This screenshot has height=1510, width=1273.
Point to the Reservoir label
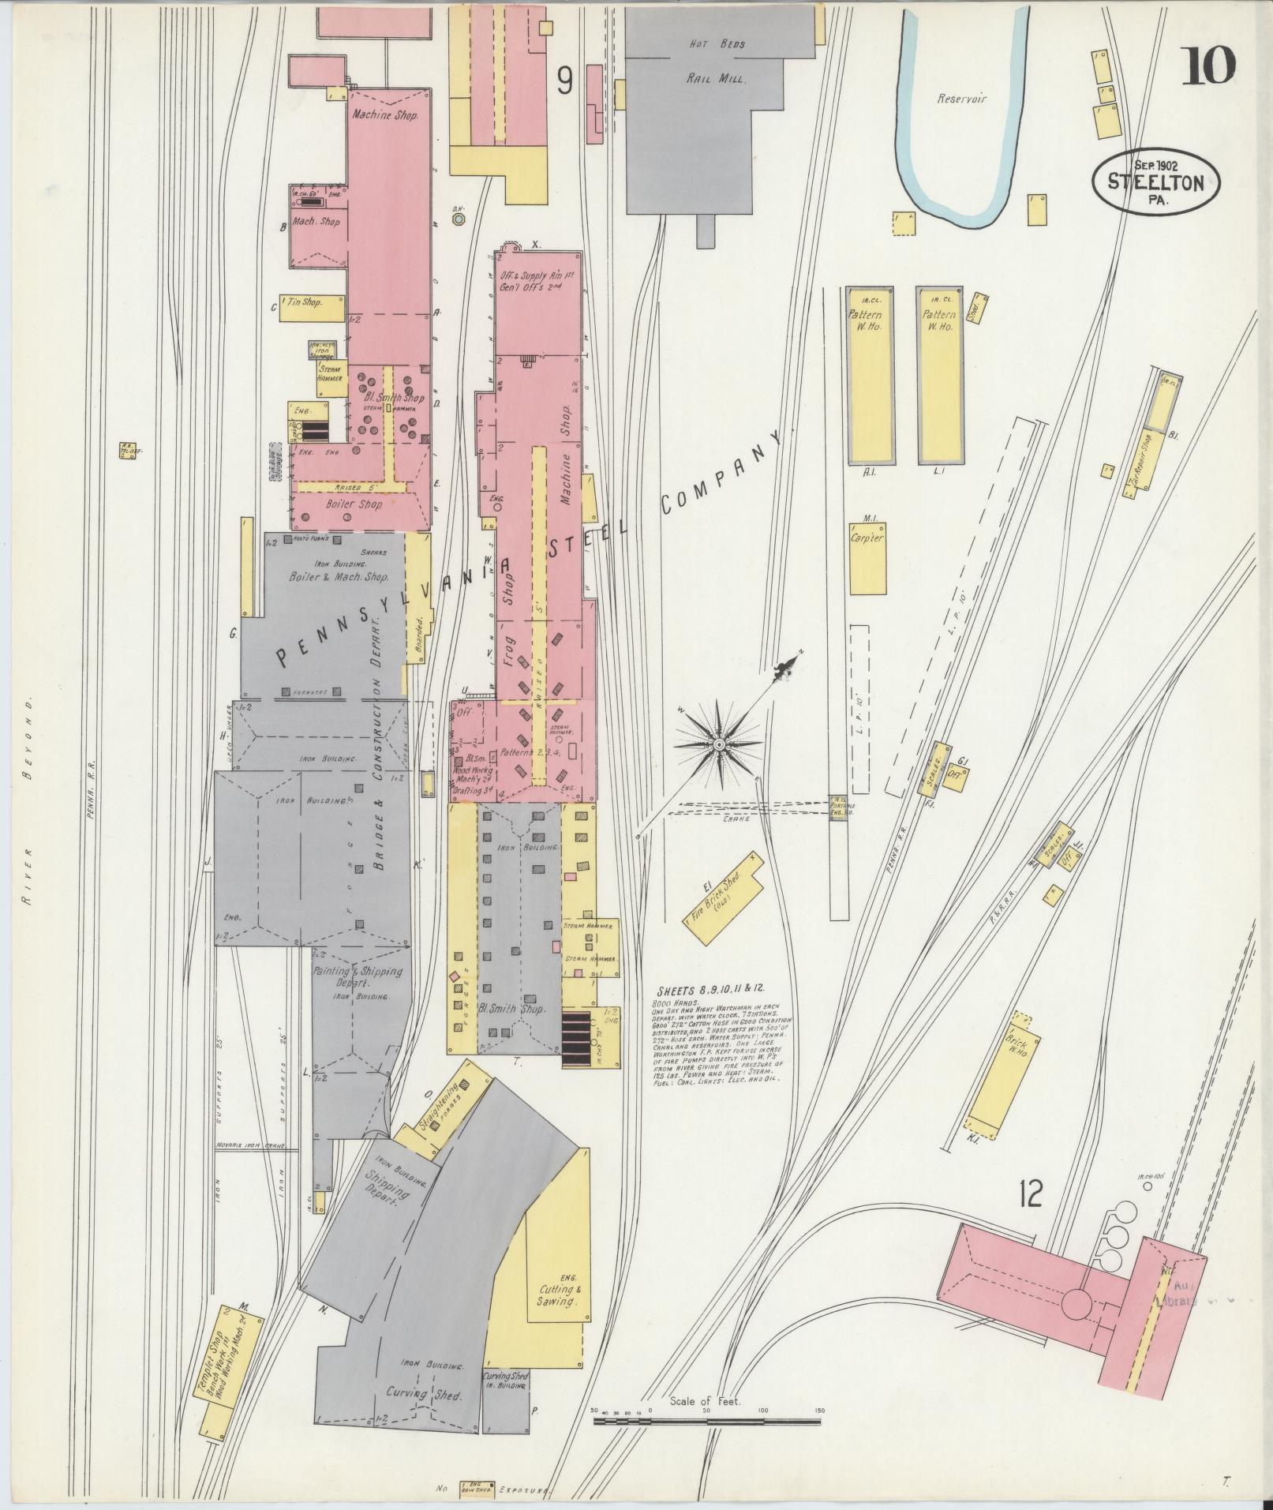tap(962, 99)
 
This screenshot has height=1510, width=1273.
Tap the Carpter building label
tap(867, 538)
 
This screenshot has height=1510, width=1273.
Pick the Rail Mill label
tap(715, 79)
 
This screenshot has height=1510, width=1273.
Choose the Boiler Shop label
tap(354, 504)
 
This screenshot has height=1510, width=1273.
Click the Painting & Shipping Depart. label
tap(358, 977)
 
